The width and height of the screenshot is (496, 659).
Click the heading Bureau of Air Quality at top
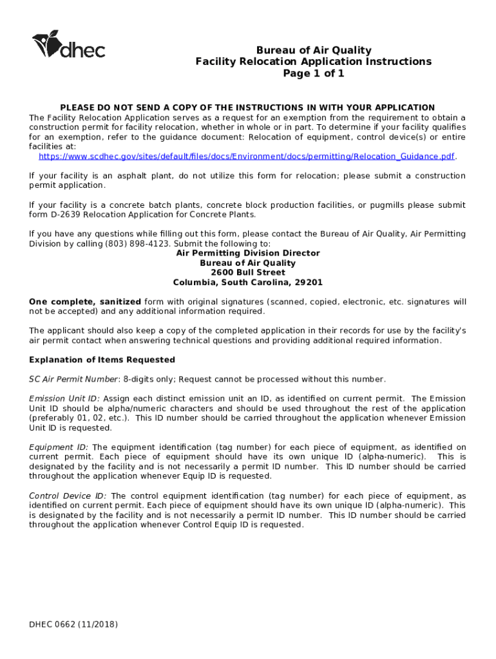(x=314, y=50)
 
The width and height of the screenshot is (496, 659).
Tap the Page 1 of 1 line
(x=314, y=73)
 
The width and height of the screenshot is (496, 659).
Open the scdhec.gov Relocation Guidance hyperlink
(x=247, y=156)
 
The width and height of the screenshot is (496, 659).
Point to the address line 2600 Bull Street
(x=247, y=273)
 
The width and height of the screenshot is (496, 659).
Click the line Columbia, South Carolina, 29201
(x=247, y=283)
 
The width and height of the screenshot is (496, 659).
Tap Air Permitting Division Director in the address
(x=247, y=254)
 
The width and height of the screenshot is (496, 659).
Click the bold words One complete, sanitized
(x=85, y=302)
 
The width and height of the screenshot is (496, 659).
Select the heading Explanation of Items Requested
(x=102, y=360)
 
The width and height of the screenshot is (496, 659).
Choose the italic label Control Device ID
(x=68, y=496)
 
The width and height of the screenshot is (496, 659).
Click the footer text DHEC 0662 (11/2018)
(x=73, y=624)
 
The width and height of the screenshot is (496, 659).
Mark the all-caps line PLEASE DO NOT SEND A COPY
(x=247, y=107)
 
